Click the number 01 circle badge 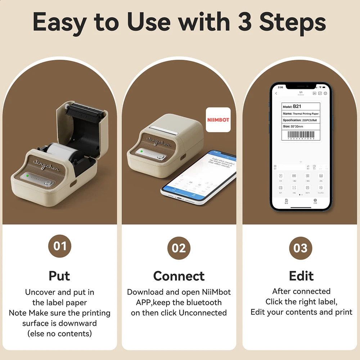(60, 246)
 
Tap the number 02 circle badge (179, 248)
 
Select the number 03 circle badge (300, 248)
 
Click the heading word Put (60, 276)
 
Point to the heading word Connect (179, 276)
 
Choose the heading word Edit (301, 276)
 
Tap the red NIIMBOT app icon (218, 120)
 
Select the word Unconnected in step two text (203, 313)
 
